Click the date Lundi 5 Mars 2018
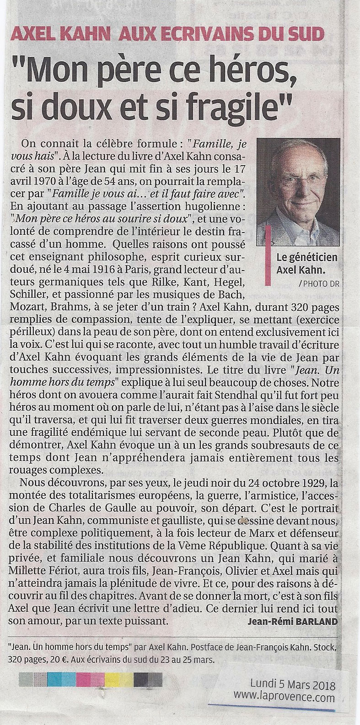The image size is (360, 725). click(292, 686)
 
